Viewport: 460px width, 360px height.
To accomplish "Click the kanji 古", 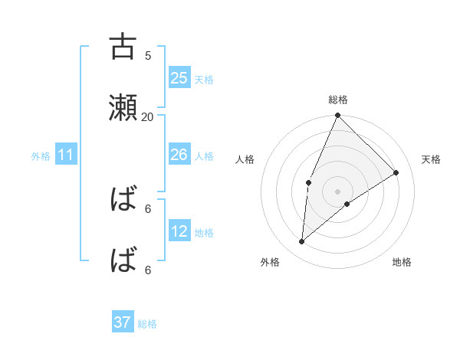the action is tap(123, 47).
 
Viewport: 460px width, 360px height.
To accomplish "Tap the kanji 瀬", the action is tap(123, 108).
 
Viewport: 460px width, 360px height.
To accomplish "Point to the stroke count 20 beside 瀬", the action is tap(147, 116).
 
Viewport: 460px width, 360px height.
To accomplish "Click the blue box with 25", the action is tap(179, 78).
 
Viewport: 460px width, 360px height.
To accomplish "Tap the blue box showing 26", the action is tap(179, 155).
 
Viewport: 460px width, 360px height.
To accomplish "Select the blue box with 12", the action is tap(179, 231).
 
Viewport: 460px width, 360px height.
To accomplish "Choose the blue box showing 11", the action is tap(66, 155).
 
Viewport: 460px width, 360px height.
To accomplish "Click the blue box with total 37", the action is tap(123, 323).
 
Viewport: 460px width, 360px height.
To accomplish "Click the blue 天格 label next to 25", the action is tap(204, 79).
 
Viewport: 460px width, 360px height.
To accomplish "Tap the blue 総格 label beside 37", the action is tap(147, 324).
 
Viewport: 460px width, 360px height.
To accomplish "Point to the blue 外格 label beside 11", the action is tap(41, 156).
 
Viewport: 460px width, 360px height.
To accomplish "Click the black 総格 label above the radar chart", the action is tap(338, 100).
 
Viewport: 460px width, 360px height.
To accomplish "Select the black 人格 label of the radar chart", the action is tap(245, 159).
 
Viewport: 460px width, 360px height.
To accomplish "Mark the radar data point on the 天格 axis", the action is tap(396, 172).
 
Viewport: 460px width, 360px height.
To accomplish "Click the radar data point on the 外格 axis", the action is tap(302, 241).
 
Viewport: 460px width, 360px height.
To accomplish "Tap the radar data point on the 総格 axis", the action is tap(338, 116).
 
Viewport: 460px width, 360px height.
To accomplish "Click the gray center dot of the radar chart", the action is tap(338, 191).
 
